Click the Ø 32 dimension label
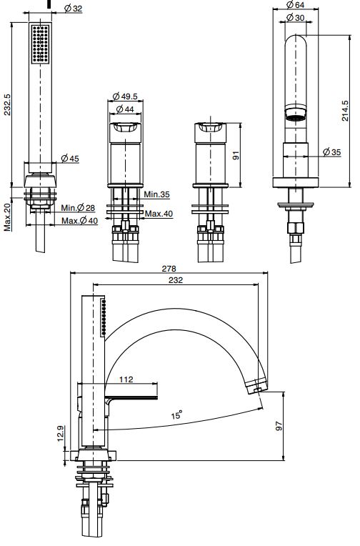(x=73, y=9)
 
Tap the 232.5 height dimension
(x=7, y=104)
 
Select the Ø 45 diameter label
(x=70, y=159)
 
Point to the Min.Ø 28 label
(x=78, y=208)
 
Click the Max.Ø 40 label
(x=80, y=221)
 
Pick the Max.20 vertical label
(x=7, y=218)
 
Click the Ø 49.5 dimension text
(x=125, y=96)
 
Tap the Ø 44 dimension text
(x=124, y=109)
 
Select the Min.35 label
(x=157, y=194)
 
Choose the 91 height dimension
(x=236, y=155)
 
